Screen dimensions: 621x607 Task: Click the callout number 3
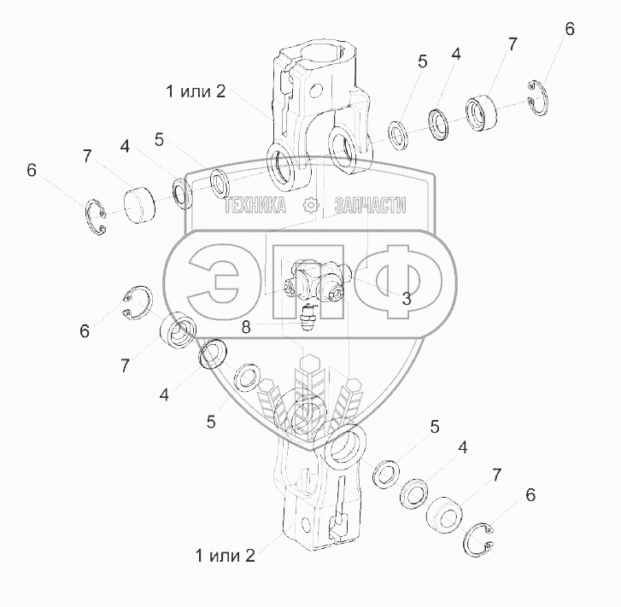(407, 299)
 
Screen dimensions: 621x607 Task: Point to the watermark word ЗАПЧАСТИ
(371, 205)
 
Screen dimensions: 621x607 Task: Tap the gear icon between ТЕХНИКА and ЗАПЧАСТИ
(310, 205)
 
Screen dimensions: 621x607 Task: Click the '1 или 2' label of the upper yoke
(196, 91)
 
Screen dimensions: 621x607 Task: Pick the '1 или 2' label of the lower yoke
(225, 555)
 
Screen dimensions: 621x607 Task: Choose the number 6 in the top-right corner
(570, 29)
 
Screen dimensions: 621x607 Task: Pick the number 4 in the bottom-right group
(462, 447)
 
